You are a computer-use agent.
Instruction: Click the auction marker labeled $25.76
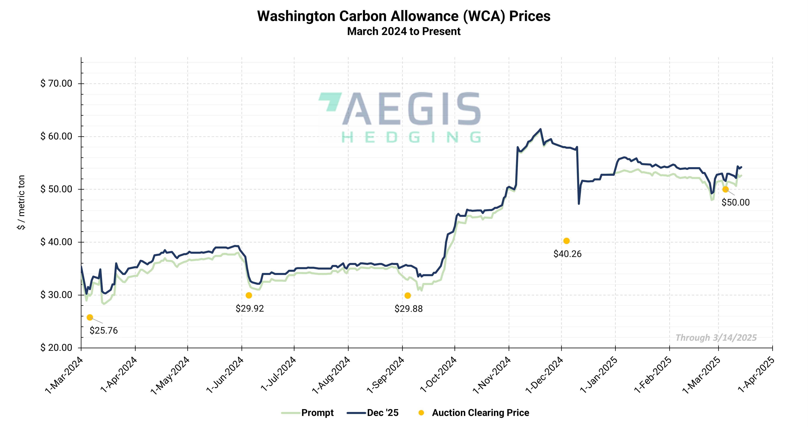click(x=90, y=317)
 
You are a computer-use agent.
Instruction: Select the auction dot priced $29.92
click(x=249, y=295)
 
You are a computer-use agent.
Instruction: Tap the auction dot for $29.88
click(x=408, y=296)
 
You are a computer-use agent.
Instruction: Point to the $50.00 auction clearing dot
click(x=725, y=189)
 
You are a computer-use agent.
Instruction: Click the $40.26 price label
click(x=567, y=254)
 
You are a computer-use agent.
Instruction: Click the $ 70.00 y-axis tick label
click(x=57, y=83)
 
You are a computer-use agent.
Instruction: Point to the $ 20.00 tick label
click(x=57, y=347)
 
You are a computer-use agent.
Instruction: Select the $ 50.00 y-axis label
click(x=57, y=189)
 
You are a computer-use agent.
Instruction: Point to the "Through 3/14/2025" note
click(x=716, y=338)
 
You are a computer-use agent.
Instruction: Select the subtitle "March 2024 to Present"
click(x=404, y=31)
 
